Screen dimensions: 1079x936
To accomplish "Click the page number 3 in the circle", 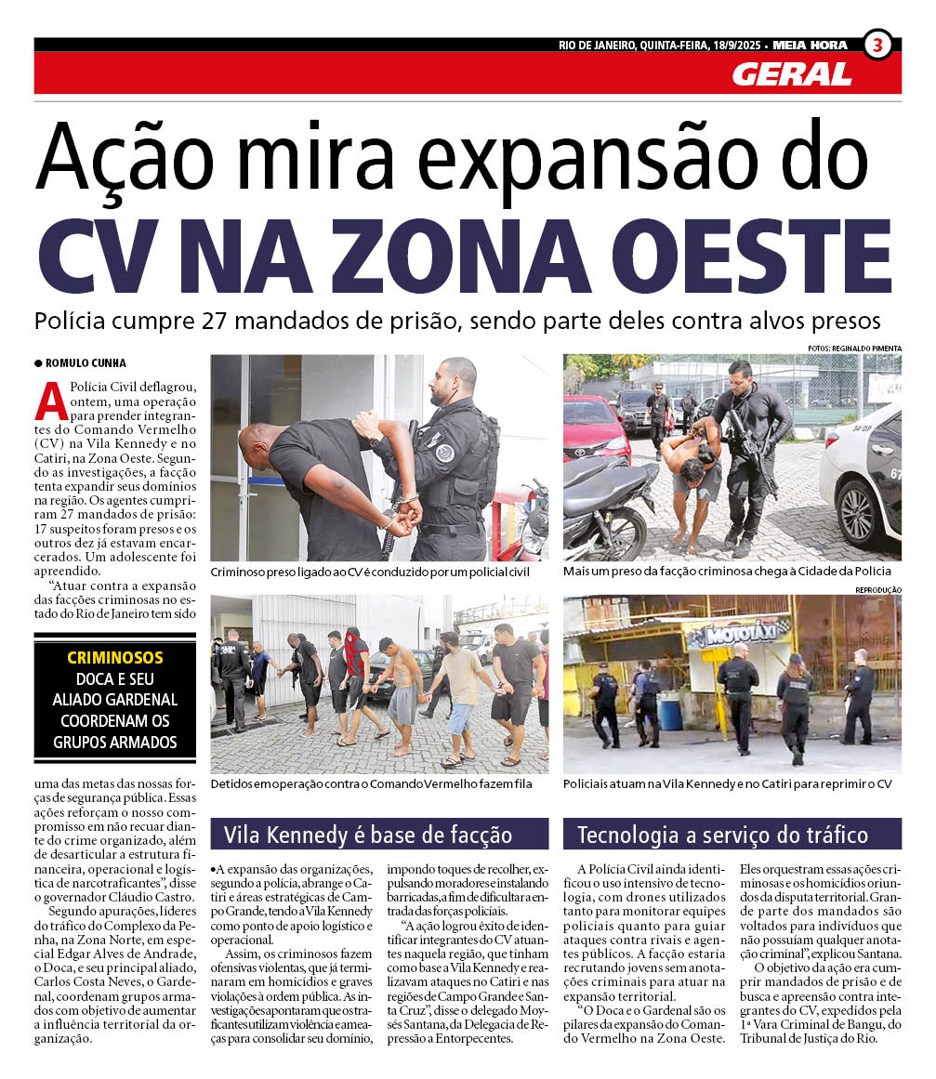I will click(x=877, y=45).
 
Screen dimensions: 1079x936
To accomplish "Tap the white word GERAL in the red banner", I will click(x=791, y=74).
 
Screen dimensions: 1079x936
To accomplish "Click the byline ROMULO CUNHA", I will click(x=86, y=363).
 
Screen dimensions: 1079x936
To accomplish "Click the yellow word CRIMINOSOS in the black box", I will click(x=115, y=658).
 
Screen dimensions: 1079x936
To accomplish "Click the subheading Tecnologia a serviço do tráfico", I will click(x=722, y=834).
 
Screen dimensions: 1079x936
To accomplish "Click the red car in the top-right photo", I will click(x=596, y=427).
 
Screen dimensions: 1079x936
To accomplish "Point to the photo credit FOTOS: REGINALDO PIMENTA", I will click(x=853, y=349).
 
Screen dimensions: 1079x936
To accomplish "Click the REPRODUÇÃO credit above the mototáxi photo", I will click(x=877, y=590).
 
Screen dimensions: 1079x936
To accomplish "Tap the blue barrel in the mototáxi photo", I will click(x=670, y=713).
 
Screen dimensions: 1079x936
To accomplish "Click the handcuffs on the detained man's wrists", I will click(x=404, y=507).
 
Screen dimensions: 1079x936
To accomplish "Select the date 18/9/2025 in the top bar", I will click(x=725, y=45).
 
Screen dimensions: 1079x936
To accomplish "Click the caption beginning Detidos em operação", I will click(x=371, y=784).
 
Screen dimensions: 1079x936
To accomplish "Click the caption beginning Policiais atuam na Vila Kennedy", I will click(x=727, y=784).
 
